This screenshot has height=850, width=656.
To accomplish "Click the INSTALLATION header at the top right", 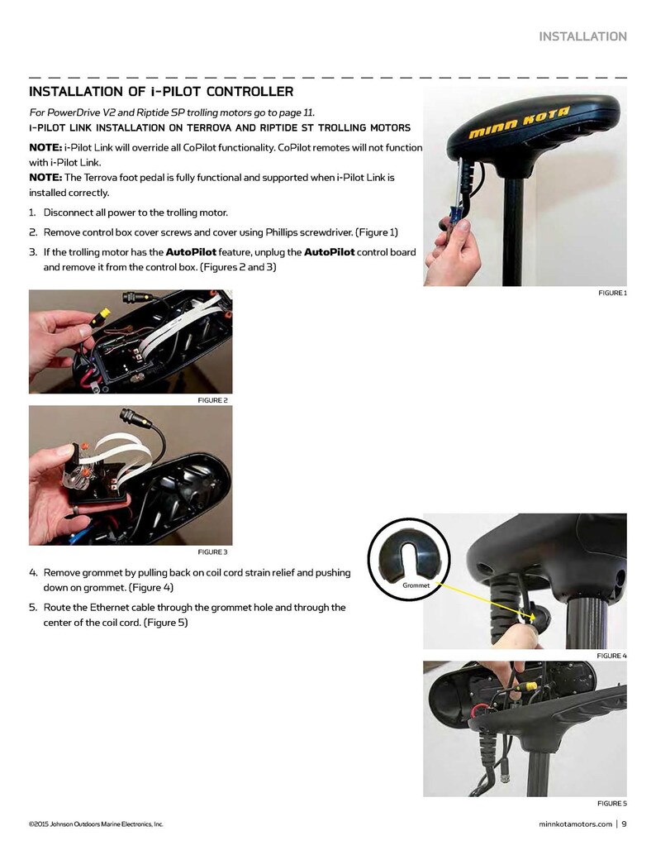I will (x=582, y=36).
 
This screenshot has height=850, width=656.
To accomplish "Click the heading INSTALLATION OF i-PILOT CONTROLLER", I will (x=161, y=91).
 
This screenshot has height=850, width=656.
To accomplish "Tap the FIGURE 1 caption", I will (x=612, y=293).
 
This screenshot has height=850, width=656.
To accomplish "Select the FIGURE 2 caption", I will (x=212, y=400).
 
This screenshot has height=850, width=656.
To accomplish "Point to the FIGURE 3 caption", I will (x=212, y=552).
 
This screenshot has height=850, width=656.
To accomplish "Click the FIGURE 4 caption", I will (x=612, y=656).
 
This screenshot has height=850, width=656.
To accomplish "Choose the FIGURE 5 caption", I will (x=612, y=803).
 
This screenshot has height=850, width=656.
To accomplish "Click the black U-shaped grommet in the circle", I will (x=412, y=556).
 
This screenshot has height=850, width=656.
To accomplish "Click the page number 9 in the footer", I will (x=624, y=823).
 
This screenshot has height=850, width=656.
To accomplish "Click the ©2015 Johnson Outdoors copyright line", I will (x=96, y=824).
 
